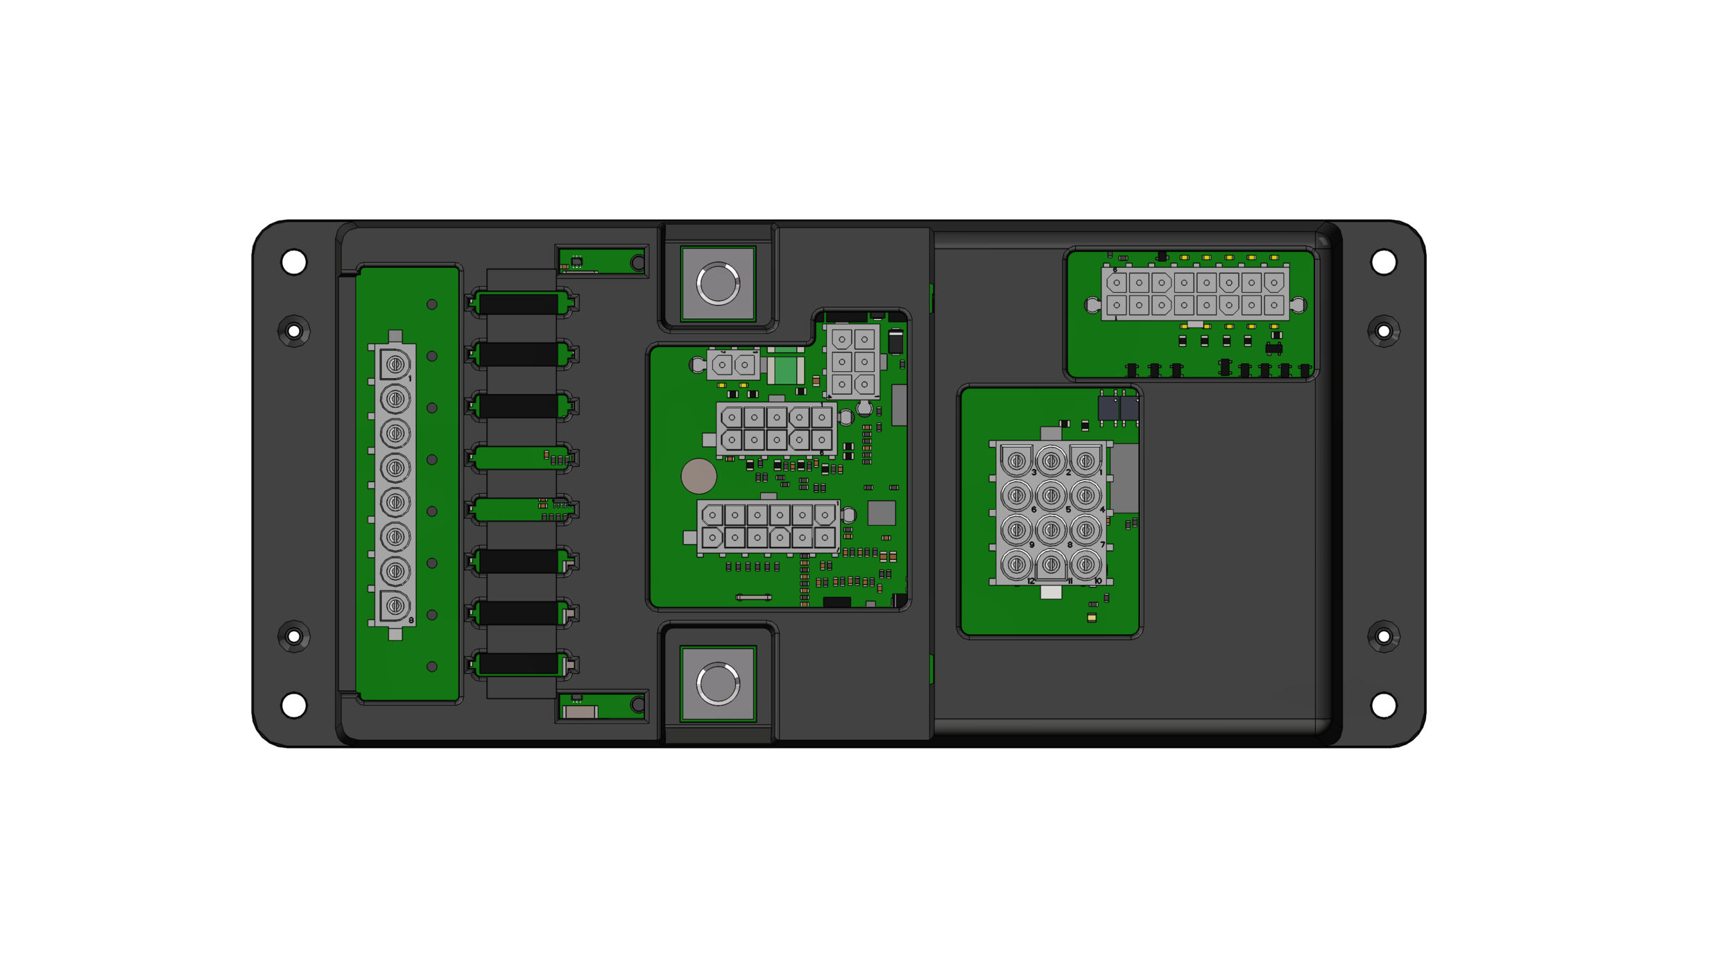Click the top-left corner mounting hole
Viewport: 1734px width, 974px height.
pos(293,262)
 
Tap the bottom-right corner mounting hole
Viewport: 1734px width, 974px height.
pos(1384,705)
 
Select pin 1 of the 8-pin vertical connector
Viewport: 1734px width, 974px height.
pos(395,364)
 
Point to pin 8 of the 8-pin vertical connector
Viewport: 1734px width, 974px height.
pos(395,606)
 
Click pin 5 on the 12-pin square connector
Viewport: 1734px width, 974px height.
pos(1051,496)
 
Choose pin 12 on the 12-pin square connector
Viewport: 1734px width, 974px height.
pos(1017,564)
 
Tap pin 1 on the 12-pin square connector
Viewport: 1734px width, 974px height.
pos(1085,461)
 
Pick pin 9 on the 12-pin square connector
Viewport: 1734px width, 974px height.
pos(1017,530)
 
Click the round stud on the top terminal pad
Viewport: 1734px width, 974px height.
pos(718,283)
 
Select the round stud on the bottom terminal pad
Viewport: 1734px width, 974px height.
pos(718,684)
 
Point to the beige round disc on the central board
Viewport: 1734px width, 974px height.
pos(698,476)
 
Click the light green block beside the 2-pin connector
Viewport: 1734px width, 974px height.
pos(785,370)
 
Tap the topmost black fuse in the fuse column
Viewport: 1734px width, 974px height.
pos(518,303)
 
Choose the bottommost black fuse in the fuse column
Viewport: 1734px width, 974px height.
pos(518,664)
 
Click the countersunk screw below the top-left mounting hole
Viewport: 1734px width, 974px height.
pos(293,331)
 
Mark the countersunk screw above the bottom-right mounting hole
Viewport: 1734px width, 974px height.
pos(1384,636)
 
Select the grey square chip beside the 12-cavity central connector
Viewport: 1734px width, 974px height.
pos(882,513)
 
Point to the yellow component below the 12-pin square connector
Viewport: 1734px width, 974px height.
pos(1092,617)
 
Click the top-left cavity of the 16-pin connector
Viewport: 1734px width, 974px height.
pos(1117,283)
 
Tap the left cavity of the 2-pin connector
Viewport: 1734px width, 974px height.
pos(722,365)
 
